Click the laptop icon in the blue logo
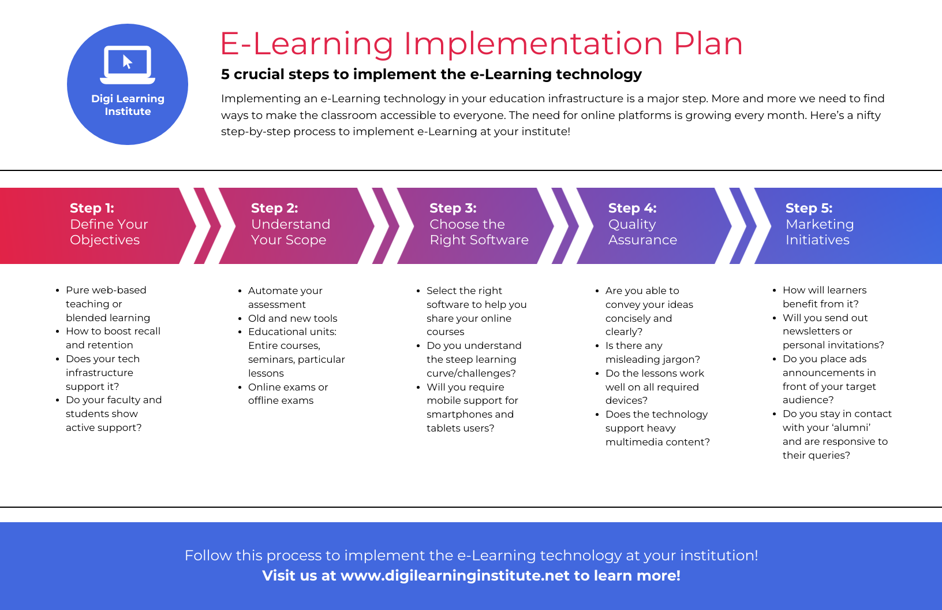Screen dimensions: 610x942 (128, 64)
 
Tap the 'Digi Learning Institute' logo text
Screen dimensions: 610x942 (128, 105)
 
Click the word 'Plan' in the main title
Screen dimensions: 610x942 (708, 44)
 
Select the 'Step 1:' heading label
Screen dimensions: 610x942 (92, 208)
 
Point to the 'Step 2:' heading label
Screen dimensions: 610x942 (274, 208)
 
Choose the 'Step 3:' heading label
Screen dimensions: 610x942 (453, 208)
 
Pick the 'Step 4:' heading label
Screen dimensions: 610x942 (632, 208)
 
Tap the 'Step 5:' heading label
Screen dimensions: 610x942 (809, 208)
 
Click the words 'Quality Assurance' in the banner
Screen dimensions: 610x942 (642, 232)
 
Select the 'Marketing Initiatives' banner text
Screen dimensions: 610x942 (819, 232)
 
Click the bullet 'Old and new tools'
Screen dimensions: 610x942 (293, 318)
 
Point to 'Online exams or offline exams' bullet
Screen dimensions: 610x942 (287, 394)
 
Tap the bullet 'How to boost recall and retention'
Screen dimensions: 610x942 (113, 338)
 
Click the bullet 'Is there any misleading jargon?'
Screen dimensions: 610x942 (652, 352)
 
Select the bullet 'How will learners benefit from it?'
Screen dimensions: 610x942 (824, 297)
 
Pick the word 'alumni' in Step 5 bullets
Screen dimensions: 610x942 (851, 428)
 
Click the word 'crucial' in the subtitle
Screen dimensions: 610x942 (259, 75)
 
